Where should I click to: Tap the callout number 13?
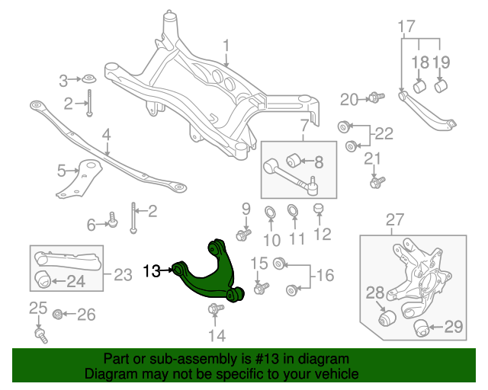pyautogui.click(x=152, y=270)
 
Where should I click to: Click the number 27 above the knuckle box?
pyautogui.click(x=393, y=221)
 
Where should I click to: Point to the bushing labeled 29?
pyautogui.click(x=420, y=328)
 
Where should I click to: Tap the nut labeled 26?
pyautogui.click(x=59, y=314)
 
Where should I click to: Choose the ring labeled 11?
pyautogui.click(x=293, y=210)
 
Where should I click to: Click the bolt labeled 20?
pyautogui.click(x=374, y=97)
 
